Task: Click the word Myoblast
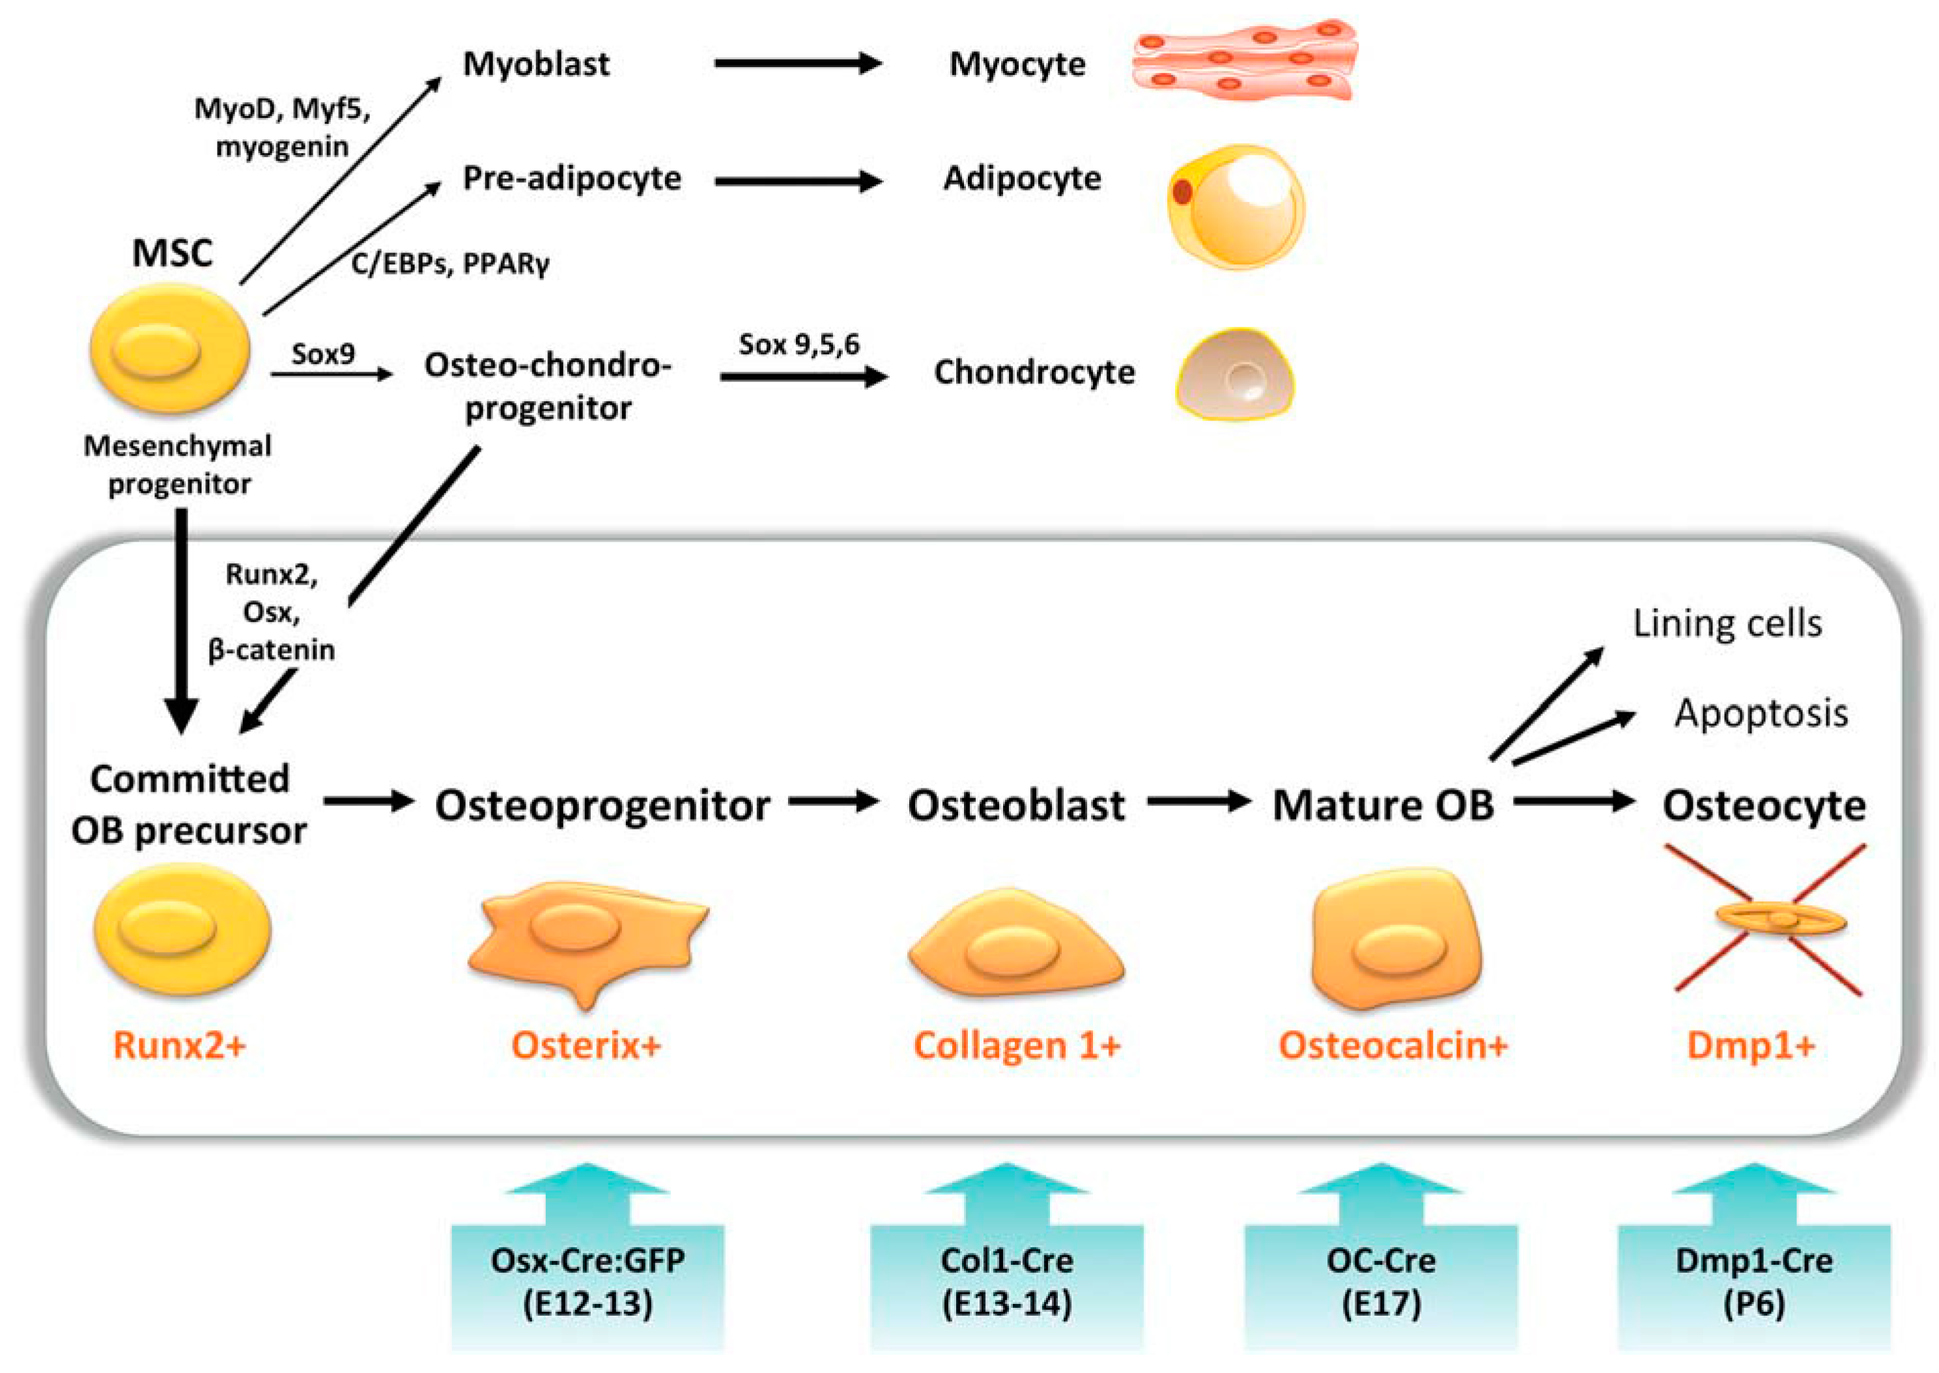click(535, 64)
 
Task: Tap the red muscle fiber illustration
click(1245, 59)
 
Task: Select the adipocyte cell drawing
click(1236, 207)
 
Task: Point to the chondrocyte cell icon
click(1234, 374)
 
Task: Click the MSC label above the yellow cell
click(172, 253)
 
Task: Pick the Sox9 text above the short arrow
click(323, 354)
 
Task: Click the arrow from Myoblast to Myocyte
click(797, 63)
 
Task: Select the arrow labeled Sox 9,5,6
click(803, 376)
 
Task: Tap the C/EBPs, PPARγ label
click(450, 264)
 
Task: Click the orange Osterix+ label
click(585, 1046)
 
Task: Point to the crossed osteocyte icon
click(1769, 919)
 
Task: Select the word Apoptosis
click(1761, 714)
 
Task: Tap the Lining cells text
click(1727, 624)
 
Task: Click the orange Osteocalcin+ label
click(1393, 1046)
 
